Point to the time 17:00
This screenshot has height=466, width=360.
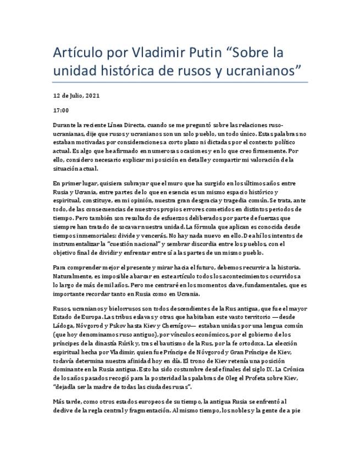point(60,110)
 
